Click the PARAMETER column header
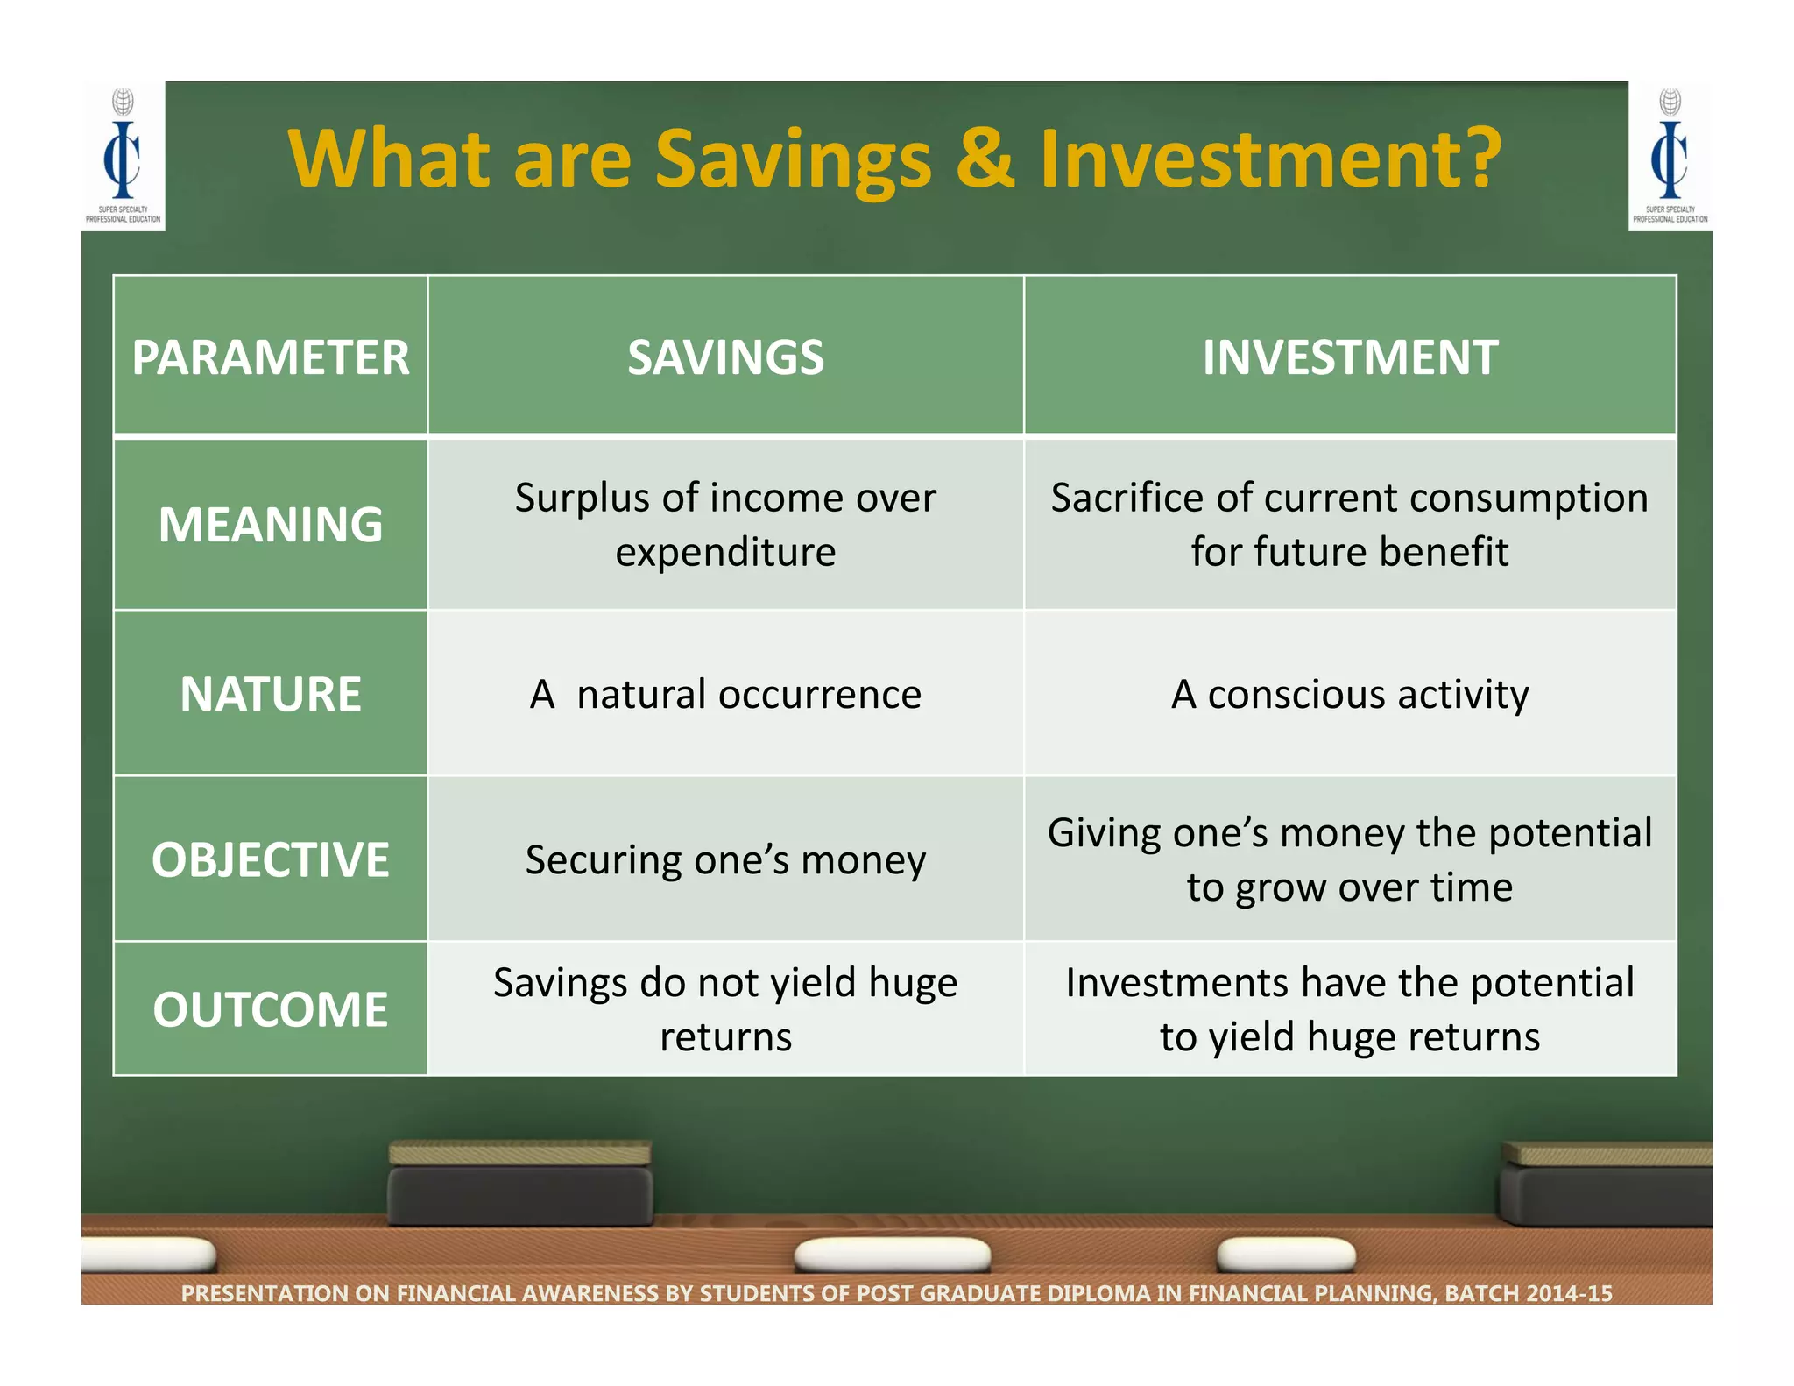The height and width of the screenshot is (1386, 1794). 271,357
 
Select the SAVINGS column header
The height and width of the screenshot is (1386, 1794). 725,357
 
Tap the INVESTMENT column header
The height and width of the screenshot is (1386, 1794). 1350,357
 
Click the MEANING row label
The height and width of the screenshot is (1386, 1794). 271,524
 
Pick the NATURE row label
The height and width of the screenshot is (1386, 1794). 271,694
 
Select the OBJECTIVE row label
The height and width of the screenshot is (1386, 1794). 271,859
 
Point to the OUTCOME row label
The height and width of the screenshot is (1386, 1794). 271,1008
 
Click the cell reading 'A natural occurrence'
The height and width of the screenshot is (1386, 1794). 725,694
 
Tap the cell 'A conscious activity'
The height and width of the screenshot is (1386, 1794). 1350,694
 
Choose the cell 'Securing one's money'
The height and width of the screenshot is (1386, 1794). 725,859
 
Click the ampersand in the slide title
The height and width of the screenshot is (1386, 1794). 985,159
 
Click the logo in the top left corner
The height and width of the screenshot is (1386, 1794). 123,156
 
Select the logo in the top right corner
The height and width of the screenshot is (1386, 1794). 1670,156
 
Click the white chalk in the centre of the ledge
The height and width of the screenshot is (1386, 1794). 892,1254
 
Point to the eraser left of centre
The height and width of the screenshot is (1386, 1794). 520,1183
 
